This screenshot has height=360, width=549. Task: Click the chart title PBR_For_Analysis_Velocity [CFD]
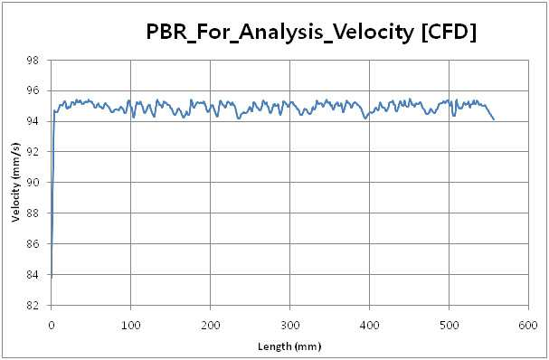point(311,32)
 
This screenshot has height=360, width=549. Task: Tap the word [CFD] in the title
point(449,32)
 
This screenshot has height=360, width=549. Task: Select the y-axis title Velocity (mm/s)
point(15,182)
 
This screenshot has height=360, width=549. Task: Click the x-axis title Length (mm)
point(289,346)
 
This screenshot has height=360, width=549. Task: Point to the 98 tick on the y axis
point(33,61)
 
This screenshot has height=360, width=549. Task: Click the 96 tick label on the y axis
point(33,90)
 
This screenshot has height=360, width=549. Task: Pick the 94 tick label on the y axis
point(33,121)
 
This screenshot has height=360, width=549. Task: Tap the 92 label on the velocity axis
point(33,152)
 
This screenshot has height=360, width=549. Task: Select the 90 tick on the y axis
point(33,183)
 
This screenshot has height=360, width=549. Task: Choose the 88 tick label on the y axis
point(33,213)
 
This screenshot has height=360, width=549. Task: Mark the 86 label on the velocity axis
point(33,243)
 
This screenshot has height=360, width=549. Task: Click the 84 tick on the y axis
point(33,275)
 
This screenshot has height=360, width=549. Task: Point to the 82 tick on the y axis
point(33,306)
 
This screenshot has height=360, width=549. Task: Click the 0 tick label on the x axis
point(52,326)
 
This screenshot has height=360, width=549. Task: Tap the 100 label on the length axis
point(130,326)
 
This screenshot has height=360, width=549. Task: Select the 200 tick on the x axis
point(210,326)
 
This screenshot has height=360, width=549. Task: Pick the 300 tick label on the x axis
point(290,326)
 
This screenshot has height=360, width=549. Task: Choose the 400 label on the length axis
point(369,326)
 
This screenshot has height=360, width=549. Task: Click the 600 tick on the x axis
point(528,326)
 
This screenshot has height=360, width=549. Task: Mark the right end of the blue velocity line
point(494,119)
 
